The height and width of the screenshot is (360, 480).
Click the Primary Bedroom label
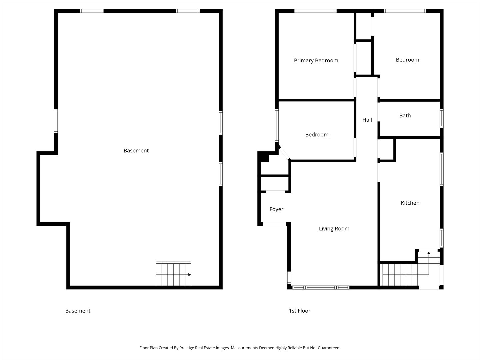(316, 61)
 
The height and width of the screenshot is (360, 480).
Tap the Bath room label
(405, 115)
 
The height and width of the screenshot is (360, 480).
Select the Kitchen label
(410, 203)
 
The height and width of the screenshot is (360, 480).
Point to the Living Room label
(334, 229)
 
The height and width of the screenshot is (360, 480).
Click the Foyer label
(276, 209)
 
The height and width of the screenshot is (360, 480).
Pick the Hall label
(367, 120)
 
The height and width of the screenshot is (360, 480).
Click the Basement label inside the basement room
(136, 151)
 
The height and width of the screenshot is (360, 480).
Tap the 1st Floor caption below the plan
(299, 311)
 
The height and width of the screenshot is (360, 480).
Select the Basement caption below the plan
(78, 311)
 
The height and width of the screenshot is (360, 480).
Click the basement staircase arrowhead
(190, 275)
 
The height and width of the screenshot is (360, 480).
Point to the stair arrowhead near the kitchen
(429, 253)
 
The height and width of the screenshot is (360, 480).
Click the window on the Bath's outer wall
(442, 118)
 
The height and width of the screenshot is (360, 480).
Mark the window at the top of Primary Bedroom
(315, 11)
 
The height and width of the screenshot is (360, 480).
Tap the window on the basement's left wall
(56, 121)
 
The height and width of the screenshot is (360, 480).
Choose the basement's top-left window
(91, 11)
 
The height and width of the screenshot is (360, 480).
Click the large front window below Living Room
(321, 287)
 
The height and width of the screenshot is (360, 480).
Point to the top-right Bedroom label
(407, 60)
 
